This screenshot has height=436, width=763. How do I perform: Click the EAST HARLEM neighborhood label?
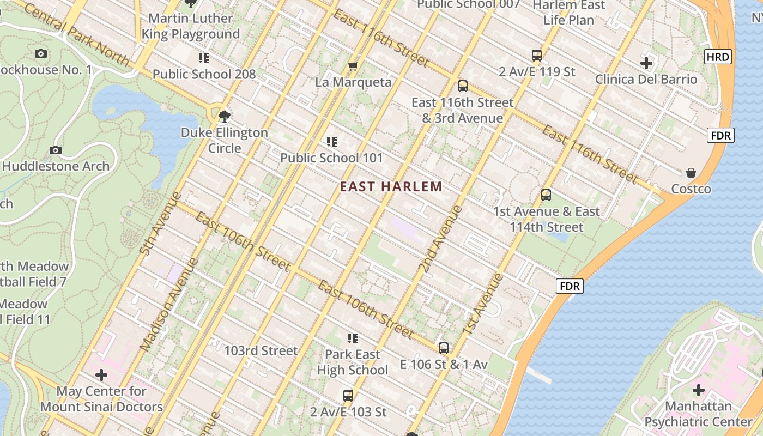pyautogui.click(x=391, y=187)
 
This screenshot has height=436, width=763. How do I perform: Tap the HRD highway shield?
pyautogui.click(x=718, y=57)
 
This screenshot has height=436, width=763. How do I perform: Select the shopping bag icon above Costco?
pyautogui.click(x=691, y=173)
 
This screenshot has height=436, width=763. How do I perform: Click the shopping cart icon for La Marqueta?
pyautogui.click(x=353, y=66)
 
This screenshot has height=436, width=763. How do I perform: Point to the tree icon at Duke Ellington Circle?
pyautogui.click(x=224, y=116)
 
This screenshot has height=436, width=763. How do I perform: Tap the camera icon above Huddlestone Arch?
pyautogui.click(x=55, y=150)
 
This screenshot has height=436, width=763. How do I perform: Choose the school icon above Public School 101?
pyautogui.click(x=331, y=142)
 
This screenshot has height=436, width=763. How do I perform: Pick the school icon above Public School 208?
pyautogui.click(x=204, y=58)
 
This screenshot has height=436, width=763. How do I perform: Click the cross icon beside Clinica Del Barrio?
pyautogui.click(x=646, y=63)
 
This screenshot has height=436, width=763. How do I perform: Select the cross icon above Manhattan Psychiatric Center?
pyautogui.click(x=699, y=390)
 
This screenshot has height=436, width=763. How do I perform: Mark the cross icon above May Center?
pyautogui.click(x=101, y=375)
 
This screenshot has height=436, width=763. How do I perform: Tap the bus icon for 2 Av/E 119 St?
pyautogui.click(x=537, y=55)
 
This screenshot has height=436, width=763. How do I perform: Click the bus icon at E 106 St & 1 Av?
pyautogui.click(x=444, y=348)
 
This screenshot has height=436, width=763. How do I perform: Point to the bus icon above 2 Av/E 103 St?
pyautogui.click(x=348, y=395)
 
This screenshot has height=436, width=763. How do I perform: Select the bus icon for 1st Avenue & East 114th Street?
pyautogui.click(x=546, y=195)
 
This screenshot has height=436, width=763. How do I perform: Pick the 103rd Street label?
pyautogui.click(x=261, y=350)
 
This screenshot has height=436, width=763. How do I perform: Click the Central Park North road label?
pyautogui.click(x=76, y=35)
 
